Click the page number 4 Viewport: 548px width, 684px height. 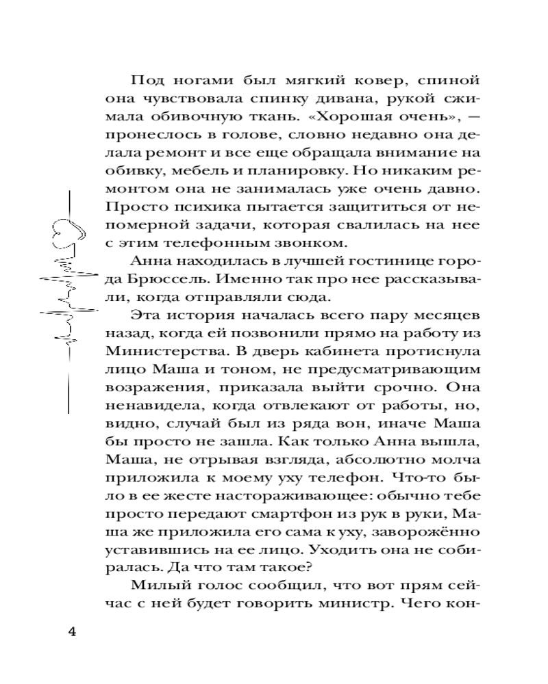click(x=71, y=631)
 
